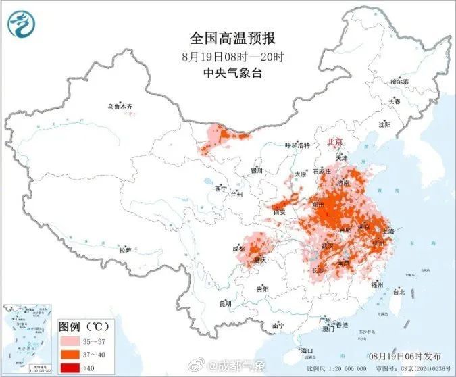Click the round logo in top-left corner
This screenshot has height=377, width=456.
click(x=22, y=25)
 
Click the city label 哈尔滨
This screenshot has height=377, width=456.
click(x=400, y=81)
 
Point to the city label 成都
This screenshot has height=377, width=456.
click(x=238, y=248)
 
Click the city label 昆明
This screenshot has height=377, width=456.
click(x=225, y=303)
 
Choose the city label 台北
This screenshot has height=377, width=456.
click(x=398, y=292)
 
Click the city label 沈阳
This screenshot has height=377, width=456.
click(x=384, y=124)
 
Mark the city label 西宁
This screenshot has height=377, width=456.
click(x=220, y=189)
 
